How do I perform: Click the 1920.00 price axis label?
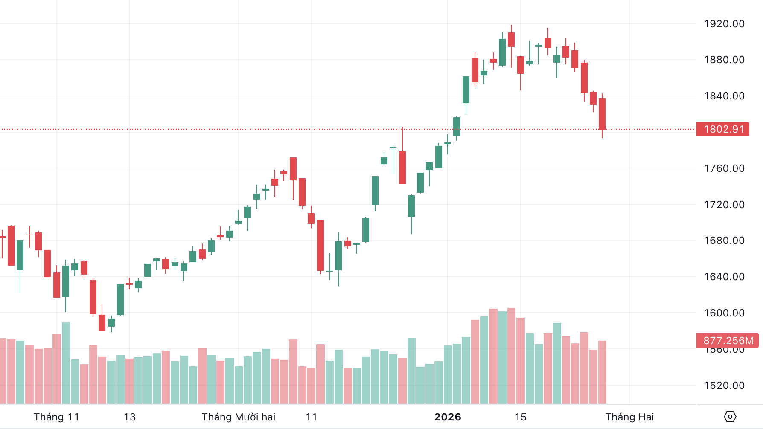pyautogui.click(x=724, y=24)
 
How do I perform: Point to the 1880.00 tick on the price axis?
pyautogui.click(x=724, y=60)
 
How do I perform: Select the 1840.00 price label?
pyautogui.click(x=724, y=96)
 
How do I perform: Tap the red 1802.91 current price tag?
pyautogui.click(x=723, y=129)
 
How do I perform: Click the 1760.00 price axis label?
pyautogui.click(x=724, y=168)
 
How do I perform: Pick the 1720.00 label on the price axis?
pyautogui.click(x=724, y=205)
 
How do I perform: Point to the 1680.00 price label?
pyautogui.click(x=724, y=241)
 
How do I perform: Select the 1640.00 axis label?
pyautogui.click(x=724, y=277)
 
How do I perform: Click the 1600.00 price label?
pyautogui.click(x=724, y=313)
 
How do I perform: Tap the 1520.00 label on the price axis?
pyautogui.click(x=724, y=386)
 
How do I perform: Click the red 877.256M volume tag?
pyautogui.click(x=728, y=341)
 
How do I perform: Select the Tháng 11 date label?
pyautogui.click(x=56, y=417)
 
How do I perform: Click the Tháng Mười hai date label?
pyautogui.click(x=239, y=417)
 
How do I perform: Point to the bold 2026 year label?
pyautogui.click(x=448, y=417)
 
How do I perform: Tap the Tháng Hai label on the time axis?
pyautogui.click(x=629, y=417)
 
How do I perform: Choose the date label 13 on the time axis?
pyautogui.click(x=129, y=417)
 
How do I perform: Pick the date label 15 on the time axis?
pyautogui.click(x=520, y=417)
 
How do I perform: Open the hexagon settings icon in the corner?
pyautogui.click(x=730, y=417)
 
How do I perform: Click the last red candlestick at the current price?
pyautogui.click(x=602, y=114)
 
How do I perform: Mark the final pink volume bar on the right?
pyautogui.click(x=602, y=372)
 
